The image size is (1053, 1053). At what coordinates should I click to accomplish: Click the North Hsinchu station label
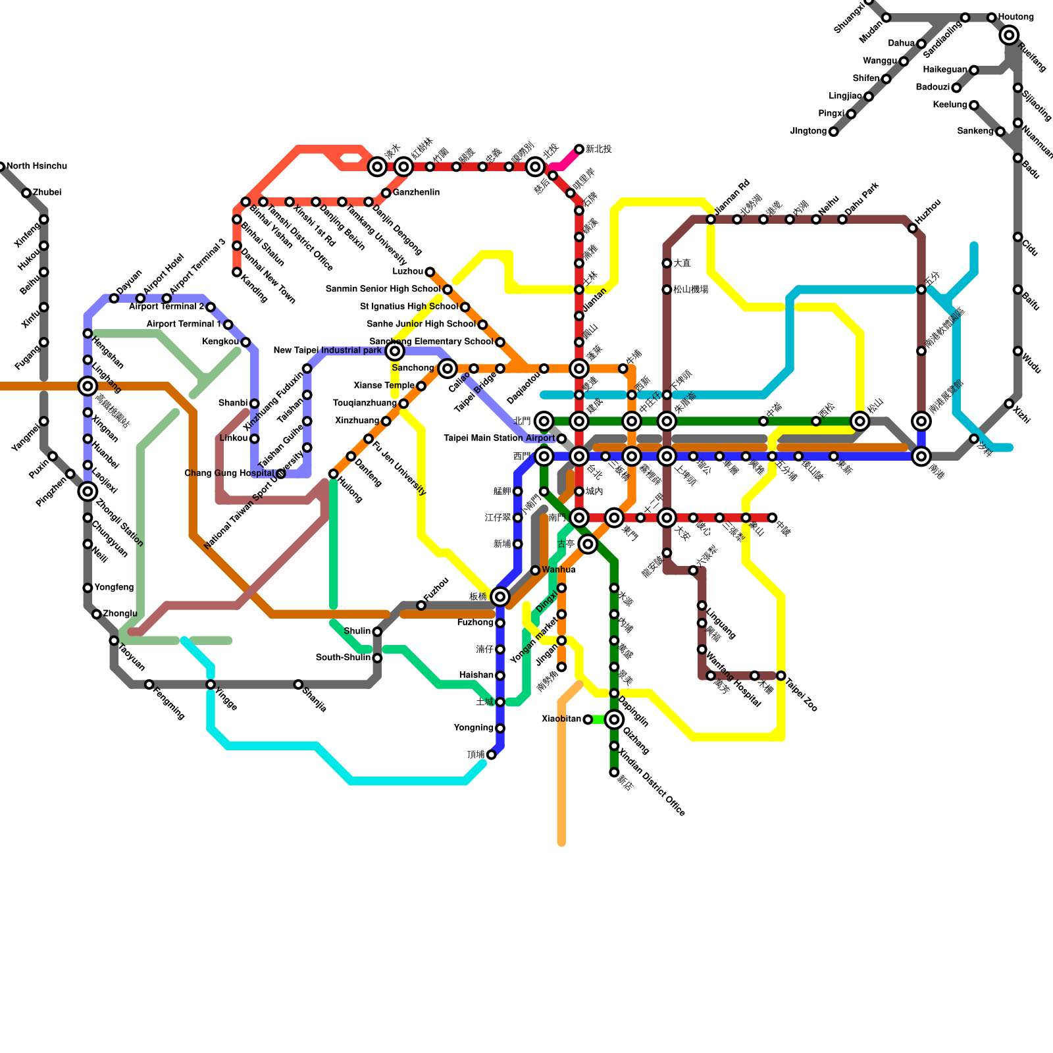(37, 167)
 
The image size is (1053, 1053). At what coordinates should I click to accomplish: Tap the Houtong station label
(1015, 17)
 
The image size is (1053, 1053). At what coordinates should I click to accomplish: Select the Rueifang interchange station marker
(1009, 36)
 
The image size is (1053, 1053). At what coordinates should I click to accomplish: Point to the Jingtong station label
(808, 132)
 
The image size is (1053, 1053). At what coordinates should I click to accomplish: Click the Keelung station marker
(973, 105)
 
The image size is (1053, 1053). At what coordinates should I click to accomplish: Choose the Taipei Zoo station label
(802, 694)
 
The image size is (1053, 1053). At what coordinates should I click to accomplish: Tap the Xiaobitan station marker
(588, 720)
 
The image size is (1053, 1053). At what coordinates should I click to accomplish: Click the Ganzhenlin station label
(416, 193)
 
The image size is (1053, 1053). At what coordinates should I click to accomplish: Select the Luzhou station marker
(430, 272)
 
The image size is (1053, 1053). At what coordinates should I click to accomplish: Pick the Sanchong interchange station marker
(448, 368)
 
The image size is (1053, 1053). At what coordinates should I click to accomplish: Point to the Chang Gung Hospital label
(229, 473)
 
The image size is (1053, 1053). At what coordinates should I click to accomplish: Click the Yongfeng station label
(114, 588)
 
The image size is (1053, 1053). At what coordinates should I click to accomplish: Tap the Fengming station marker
(149, 685)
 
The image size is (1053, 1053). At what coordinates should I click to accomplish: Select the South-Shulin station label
(343, 657)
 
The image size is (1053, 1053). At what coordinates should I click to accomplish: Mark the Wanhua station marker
(535, 570)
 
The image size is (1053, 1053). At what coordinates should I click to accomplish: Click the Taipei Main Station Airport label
(499, 438)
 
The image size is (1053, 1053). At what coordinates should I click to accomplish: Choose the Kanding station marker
(236, 272)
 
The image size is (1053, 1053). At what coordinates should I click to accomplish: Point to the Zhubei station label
(47, 193)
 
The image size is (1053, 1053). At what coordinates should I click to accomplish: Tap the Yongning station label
(473, 728)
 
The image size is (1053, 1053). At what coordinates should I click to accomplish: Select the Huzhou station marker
(912, 228)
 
